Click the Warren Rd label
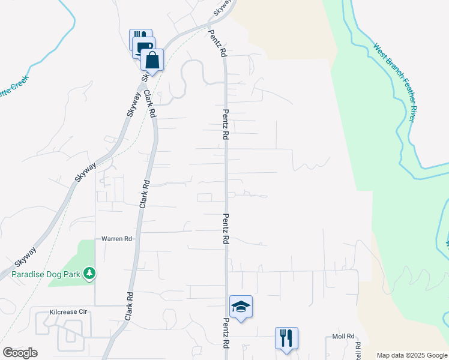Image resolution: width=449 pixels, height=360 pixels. pyautogui.click(x=116, y=239)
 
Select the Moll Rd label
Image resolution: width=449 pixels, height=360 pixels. pyautogui.click(x=343, y=337)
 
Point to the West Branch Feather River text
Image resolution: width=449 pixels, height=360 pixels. pyautogui.click(x=394, y=83)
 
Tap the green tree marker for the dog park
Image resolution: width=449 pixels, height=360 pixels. pyautogui.click(x=89, y=274)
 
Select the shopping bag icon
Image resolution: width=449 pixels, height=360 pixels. pyautogui.click(x=152, y=60)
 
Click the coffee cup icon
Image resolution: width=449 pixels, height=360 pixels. pyautogui.click(x=144, y=49)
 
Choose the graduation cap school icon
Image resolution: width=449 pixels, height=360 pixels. pyautogui.click(x=241, y=307)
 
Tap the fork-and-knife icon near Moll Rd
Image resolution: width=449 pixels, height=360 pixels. pyautogui.click(x=286, y=338)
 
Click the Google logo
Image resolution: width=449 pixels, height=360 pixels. pyautogui.click(x=20, y=353)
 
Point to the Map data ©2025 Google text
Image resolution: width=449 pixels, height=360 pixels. pyautogui.click(x=412, y=355)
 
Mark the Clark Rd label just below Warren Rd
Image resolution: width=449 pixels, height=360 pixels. pyautogui.click(x=130, y=305)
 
